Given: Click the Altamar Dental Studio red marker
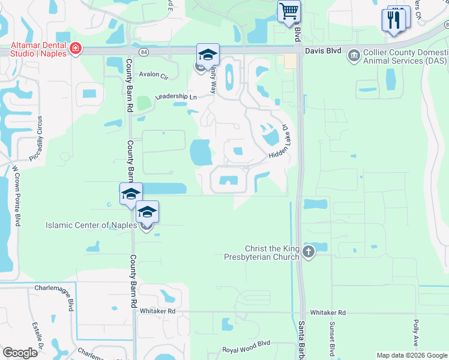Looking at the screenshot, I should tap(76, 49).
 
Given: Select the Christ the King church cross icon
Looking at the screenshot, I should tap(309, 252).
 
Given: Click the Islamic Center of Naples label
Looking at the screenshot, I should tap(91, 226).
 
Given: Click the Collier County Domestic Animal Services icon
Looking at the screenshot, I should tap(354, 56).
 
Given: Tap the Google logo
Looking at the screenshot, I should tap(20, 353).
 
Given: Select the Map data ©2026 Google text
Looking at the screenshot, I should tap(412, 355).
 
